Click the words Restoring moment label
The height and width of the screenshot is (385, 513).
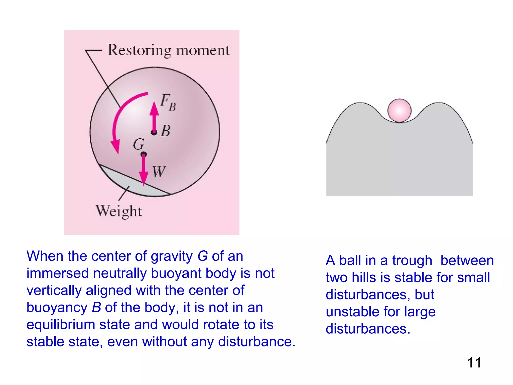tap(169, 50)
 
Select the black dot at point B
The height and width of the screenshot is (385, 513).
tap(154, 132)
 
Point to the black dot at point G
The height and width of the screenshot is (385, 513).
tap(144, 154)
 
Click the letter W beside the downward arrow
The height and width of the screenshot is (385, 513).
tap(159, 172)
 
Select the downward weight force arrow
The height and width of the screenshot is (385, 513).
tap(144, 170)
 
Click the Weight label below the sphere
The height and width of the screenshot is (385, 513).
tap(119, 211)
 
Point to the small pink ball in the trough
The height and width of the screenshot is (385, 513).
tap(399, 111)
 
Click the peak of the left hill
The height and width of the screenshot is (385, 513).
tap(360, 103)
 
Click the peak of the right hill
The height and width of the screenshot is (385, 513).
tap(439, 103)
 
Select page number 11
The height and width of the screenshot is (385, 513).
tap(474, 362)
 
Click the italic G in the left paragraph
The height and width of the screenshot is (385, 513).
tap(203, 256)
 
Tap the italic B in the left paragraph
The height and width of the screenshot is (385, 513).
tap(96, 308)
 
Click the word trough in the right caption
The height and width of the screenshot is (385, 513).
tap(412, 260)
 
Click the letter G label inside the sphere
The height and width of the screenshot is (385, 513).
tap(139, 144)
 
